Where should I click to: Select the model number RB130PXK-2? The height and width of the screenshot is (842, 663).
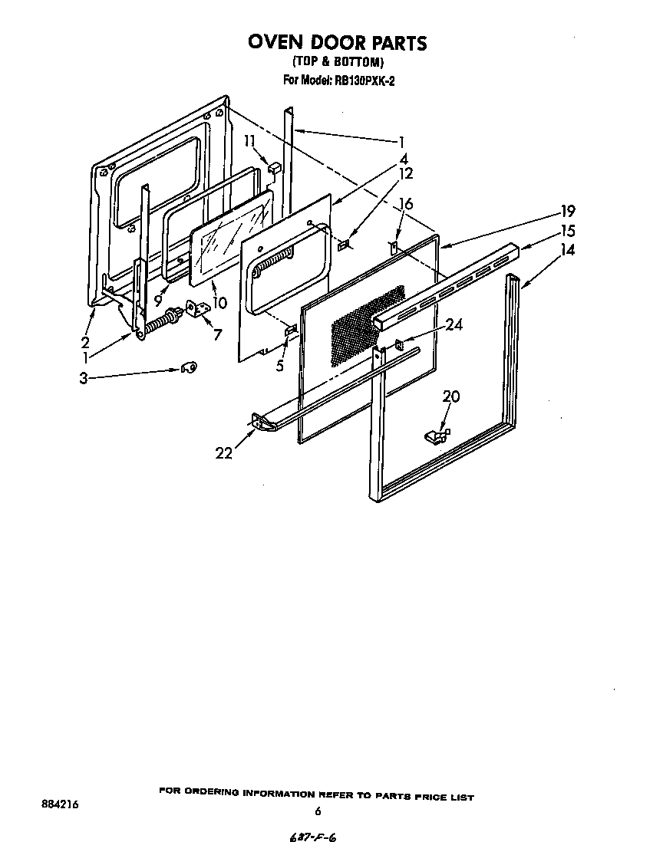(358, 79)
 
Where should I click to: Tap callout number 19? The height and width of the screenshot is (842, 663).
(567, 211)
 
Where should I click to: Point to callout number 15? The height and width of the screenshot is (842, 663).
(567, 231)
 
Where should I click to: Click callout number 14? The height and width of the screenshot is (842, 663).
(567, 249)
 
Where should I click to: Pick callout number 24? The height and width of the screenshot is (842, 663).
(454, 325)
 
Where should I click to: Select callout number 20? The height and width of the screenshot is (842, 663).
(451, 396)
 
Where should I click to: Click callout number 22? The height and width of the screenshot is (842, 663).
(223, 453)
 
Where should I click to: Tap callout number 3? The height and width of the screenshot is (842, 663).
(83, 377)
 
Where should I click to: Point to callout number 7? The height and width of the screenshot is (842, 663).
(217, 335)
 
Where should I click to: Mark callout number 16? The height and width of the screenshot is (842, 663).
(406, 203)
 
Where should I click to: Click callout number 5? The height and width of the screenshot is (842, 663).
(280, 366)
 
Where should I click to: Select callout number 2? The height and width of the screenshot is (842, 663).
(85, 341)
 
